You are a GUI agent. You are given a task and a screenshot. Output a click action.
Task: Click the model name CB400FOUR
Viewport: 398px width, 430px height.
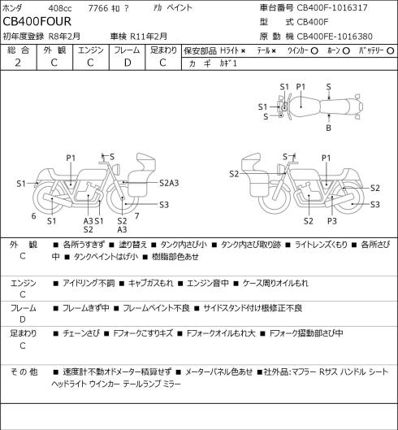[37, 21]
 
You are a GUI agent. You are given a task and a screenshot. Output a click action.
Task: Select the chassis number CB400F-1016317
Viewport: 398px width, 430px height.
[332, 7]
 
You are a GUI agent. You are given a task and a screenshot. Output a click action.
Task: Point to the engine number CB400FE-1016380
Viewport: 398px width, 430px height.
[335, 37]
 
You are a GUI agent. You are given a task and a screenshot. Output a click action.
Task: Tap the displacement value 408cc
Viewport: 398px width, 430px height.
[60, 8]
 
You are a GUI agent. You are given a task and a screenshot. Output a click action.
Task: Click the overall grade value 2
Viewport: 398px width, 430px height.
[18, 63]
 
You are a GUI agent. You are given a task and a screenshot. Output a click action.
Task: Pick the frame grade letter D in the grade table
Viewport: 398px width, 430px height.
[128, 63]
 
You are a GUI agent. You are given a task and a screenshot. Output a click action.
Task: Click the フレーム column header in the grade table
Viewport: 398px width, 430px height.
[127, 50]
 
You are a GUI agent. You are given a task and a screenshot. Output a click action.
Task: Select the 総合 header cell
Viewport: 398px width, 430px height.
[18, 50]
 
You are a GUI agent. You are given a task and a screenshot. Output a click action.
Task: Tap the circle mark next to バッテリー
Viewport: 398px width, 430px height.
[391, 50]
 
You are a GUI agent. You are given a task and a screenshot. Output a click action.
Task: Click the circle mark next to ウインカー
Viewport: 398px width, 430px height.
[314, 50]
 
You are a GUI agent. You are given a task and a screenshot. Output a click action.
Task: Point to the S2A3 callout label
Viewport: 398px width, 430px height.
[169, 183]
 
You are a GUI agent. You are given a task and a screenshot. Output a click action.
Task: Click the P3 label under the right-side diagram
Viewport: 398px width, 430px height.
[332, 221]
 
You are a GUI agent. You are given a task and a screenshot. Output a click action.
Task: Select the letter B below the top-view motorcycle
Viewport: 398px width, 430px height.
[328, 128]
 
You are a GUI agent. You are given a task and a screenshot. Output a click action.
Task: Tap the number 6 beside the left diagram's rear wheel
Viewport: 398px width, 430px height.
[33, 216]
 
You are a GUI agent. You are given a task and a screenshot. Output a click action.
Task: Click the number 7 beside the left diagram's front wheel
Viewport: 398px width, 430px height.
[136, 216]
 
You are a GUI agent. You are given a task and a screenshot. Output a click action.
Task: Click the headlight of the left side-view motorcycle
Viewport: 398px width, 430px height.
[117, 168]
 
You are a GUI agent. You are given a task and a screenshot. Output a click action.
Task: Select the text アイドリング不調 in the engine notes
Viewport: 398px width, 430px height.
[89, 283]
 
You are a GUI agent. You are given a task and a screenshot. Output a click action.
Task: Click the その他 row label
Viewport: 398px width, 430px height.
[24, 372]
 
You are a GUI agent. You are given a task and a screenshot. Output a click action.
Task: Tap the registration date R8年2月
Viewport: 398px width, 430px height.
[64, 37]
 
